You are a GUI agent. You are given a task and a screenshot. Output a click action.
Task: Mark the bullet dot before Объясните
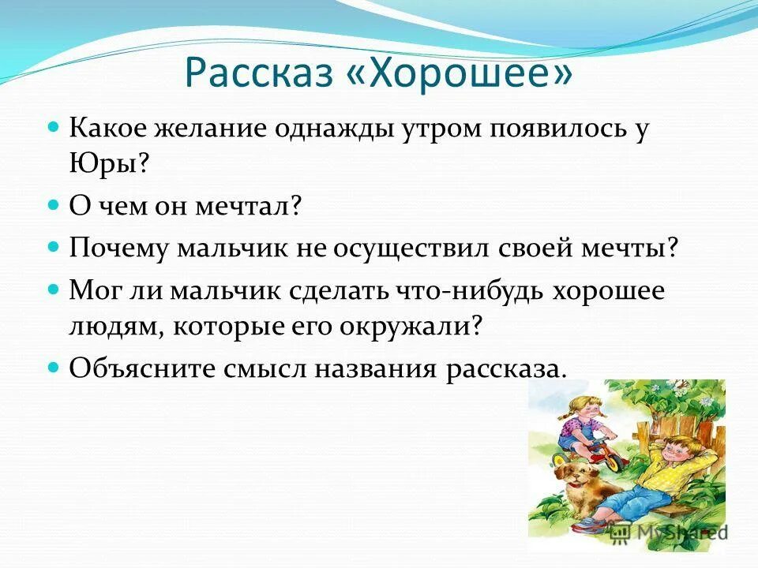pyautogui.click(x=54, y=368)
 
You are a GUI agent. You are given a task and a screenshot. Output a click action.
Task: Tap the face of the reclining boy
pyautogui.click(x=683, y=454)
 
